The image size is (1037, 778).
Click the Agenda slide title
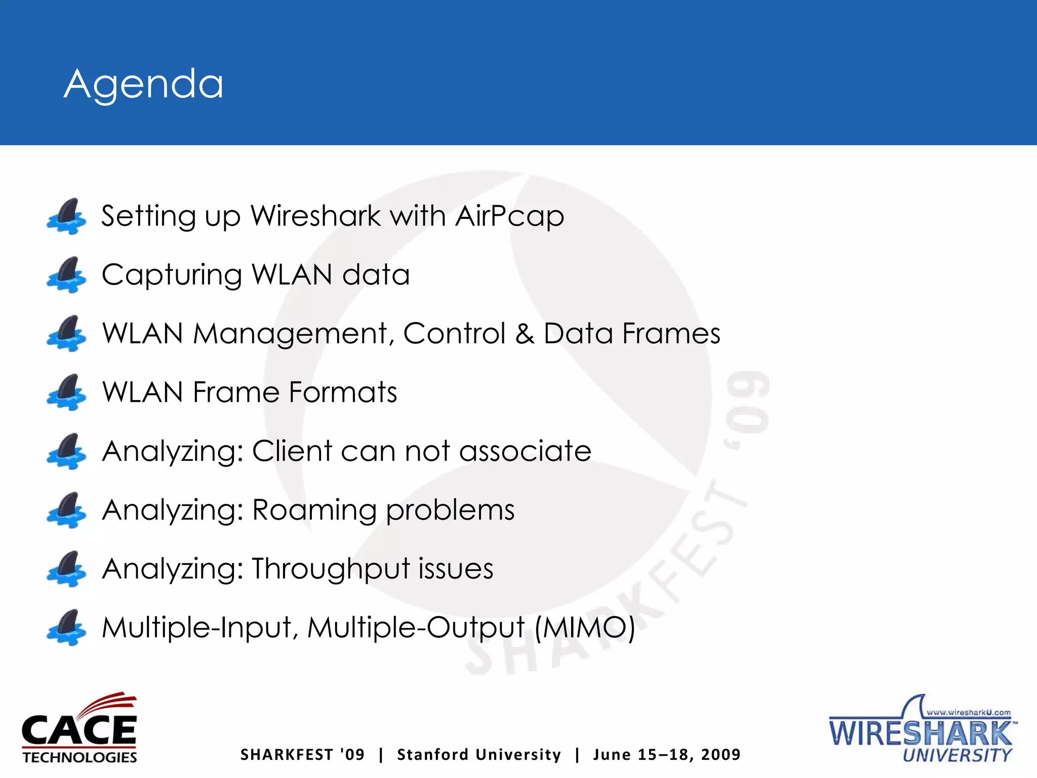[144, 84]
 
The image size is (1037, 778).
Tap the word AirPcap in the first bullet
[509, 217]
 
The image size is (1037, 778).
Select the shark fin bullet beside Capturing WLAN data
[66, 275]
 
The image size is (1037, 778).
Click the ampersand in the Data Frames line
[524, 334]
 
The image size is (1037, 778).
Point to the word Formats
[343, 393]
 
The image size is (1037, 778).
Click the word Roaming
[314, 510]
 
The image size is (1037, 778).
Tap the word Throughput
[330, 569]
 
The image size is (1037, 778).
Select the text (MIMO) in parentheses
[585, 628]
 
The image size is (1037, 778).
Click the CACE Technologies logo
[79, 728]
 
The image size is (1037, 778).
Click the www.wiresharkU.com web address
[968, 712]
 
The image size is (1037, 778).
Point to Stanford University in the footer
[479, 755]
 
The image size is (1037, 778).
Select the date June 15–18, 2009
[667, 755]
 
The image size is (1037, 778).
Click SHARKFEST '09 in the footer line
[302, 755]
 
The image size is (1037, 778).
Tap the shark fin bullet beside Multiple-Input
[66, 628]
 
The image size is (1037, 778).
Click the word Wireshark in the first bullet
[315, 216]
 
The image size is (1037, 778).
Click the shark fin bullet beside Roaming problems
[66, 510]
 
